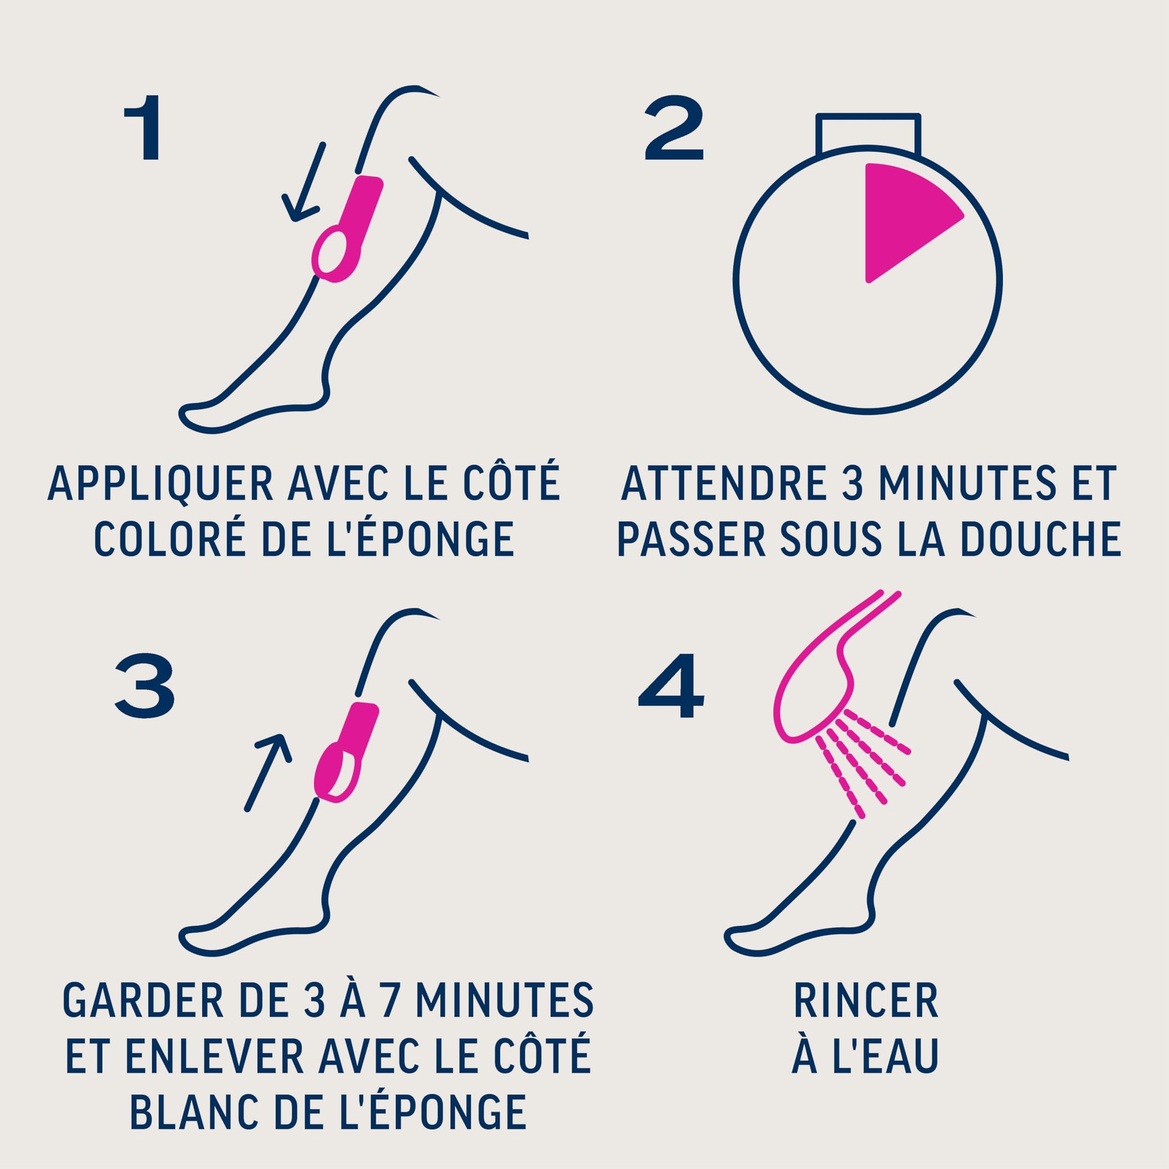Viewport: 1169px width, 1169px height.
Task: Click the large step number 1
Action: pos(143,128)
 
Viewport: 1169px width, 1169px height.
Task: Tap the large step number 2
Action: pos(674,128)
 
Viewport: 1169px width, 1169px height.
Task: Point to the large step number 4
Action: pos(671,685)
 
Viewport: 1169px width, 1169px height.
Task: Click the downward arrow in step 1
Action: pos(303,182)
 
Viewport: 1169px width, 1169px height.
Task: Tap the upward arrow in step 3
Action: pos(269,772)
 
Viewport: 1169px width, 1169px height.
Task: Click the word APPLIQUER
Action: pos(161,485)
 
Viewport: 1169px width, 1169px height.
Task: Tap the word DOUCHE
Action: pos(1041,539)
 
